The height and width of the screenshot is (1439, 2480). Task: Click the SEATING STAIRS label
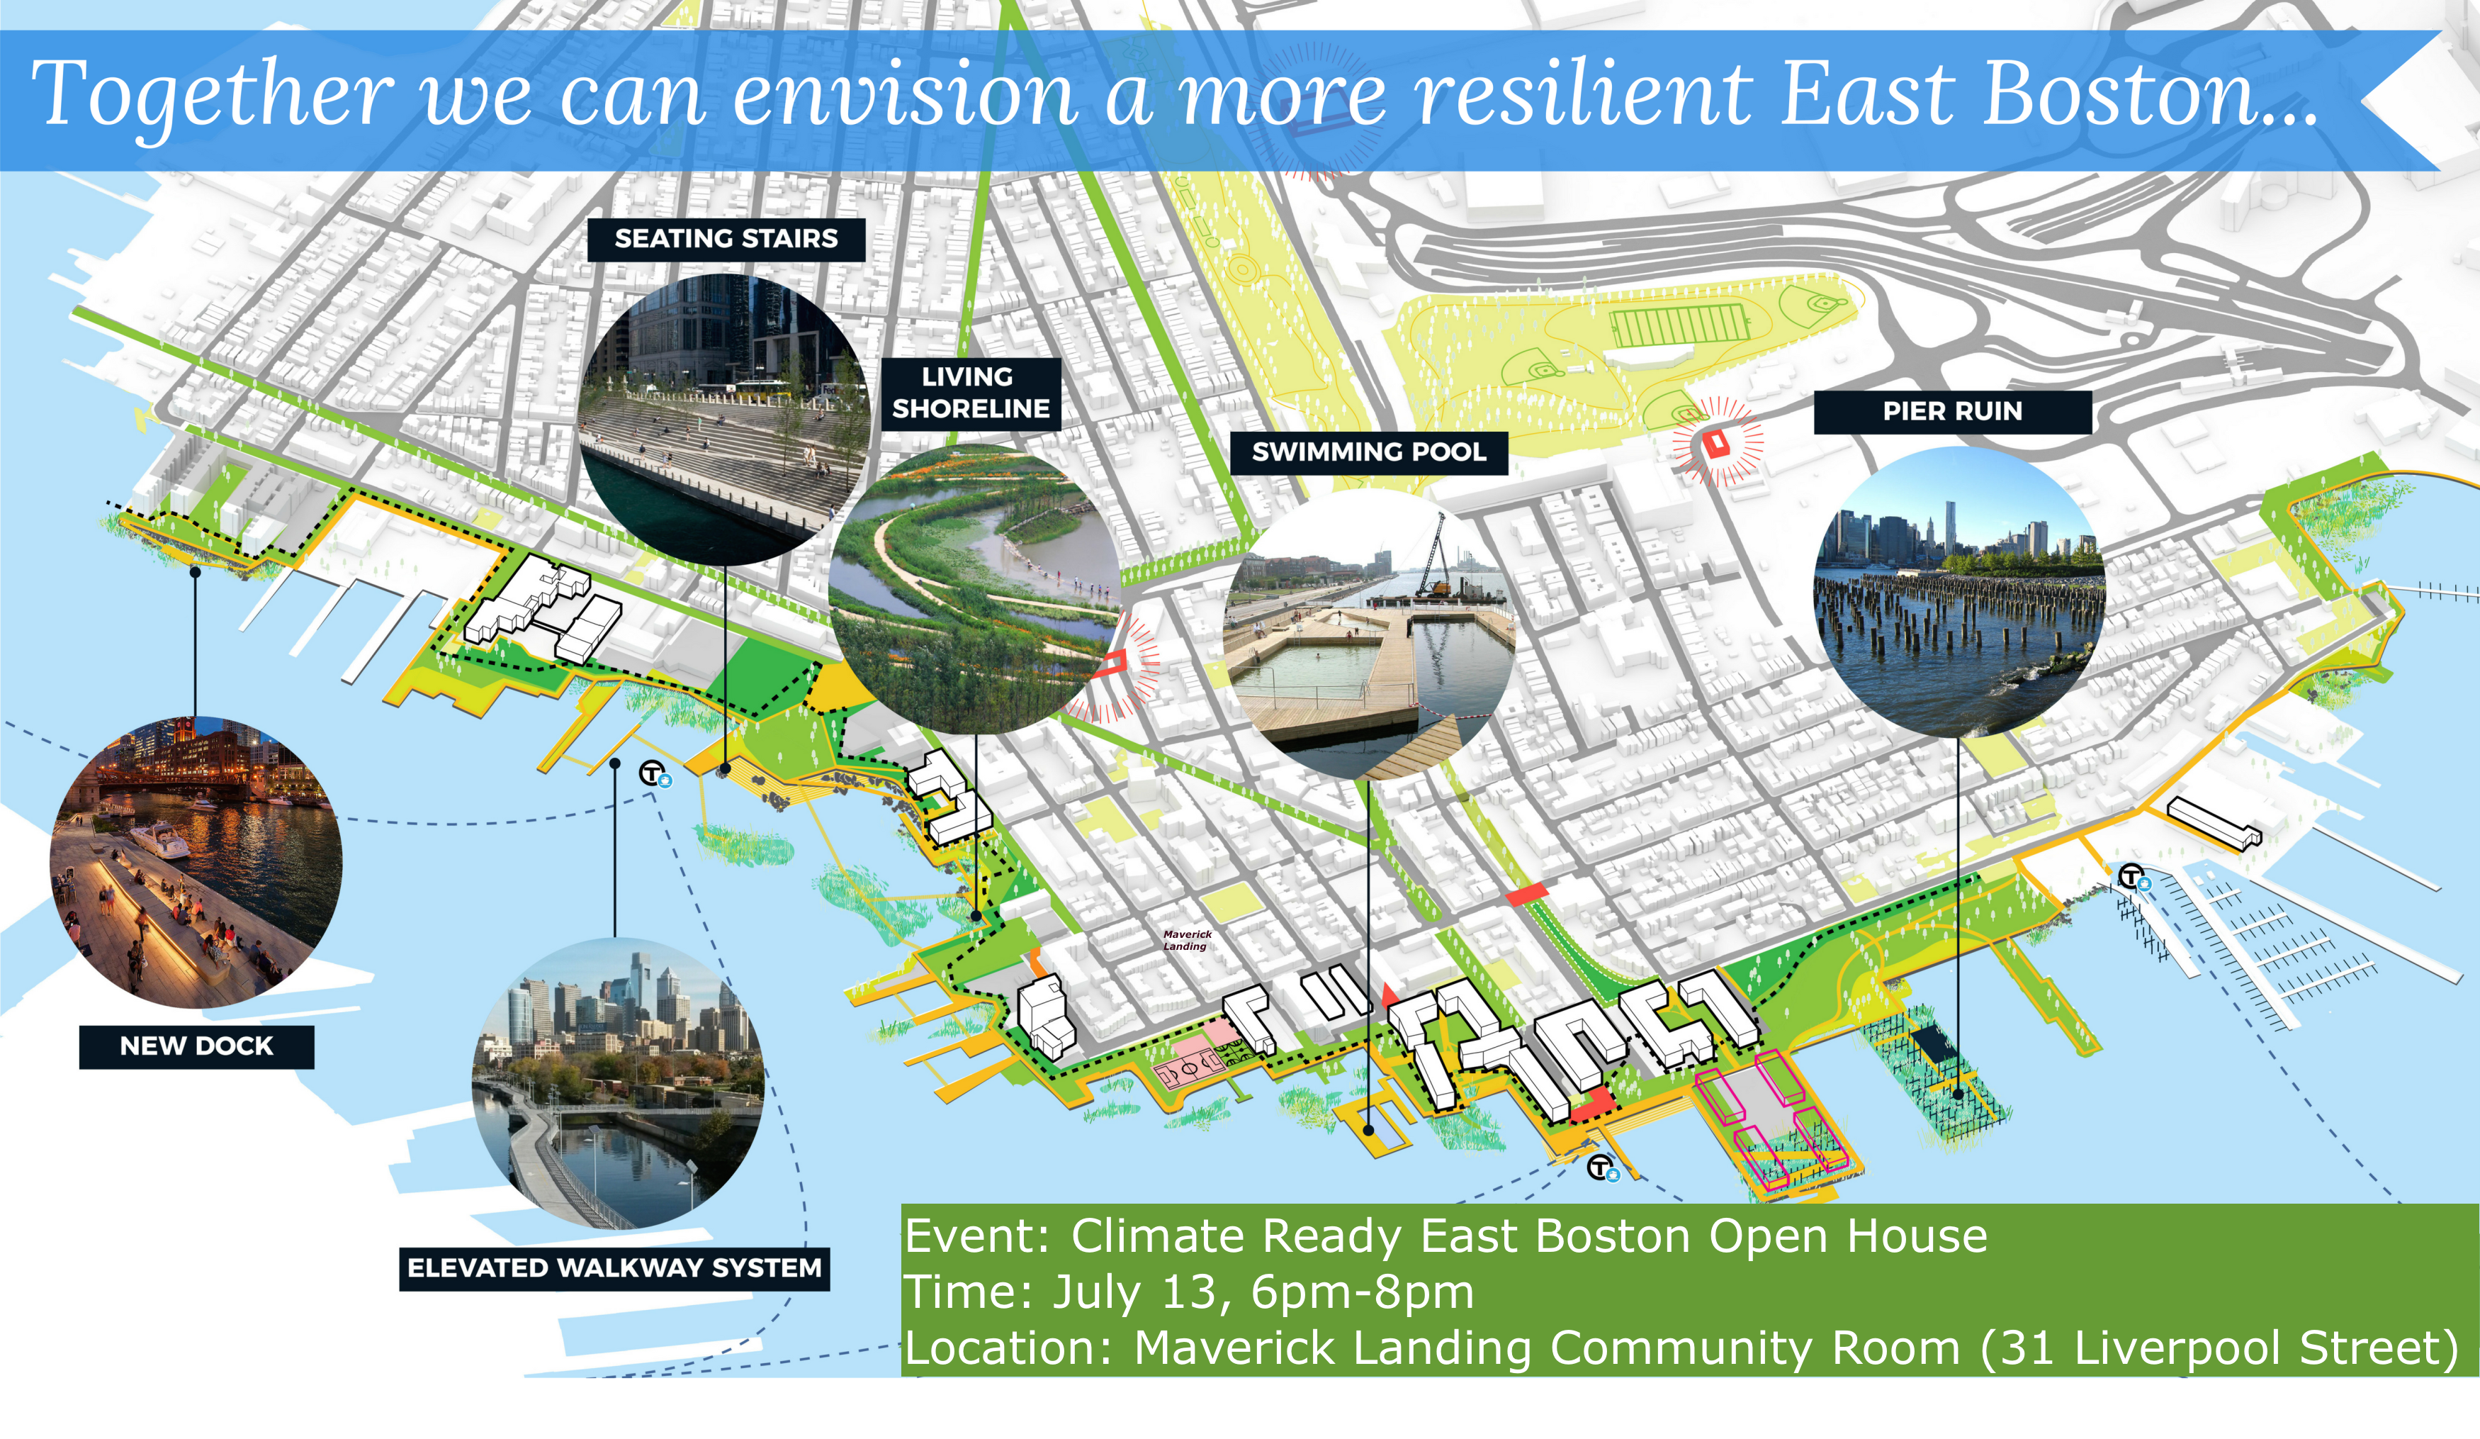[x=726, y=239]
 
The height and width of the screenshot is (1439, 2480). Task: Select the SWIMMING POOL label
[x=1369, y=453]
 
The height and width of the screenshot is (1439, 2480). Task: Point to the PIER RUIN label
[x=1953, y=411]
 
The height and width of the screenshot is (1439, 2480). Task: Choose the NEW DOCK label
[x=197, y=1046]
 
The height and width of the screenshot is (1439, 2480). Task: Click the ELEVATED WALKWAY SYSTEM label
[x=614, y=1267]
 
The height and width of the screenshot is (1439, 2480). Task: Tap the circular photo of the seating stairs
[x=726, y=420]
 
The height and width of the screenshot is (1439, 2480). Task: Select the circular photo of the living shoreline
[x=974, y=588]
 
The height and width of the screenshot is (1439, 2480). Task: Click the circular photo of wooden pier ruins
[x=1958, y=590]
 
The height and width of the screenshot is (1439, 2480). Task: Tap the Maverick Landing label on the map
[x=1187, y=940]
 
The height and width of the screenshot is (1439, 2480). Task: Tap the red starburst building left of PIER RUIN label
[x=1718, y=443]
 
